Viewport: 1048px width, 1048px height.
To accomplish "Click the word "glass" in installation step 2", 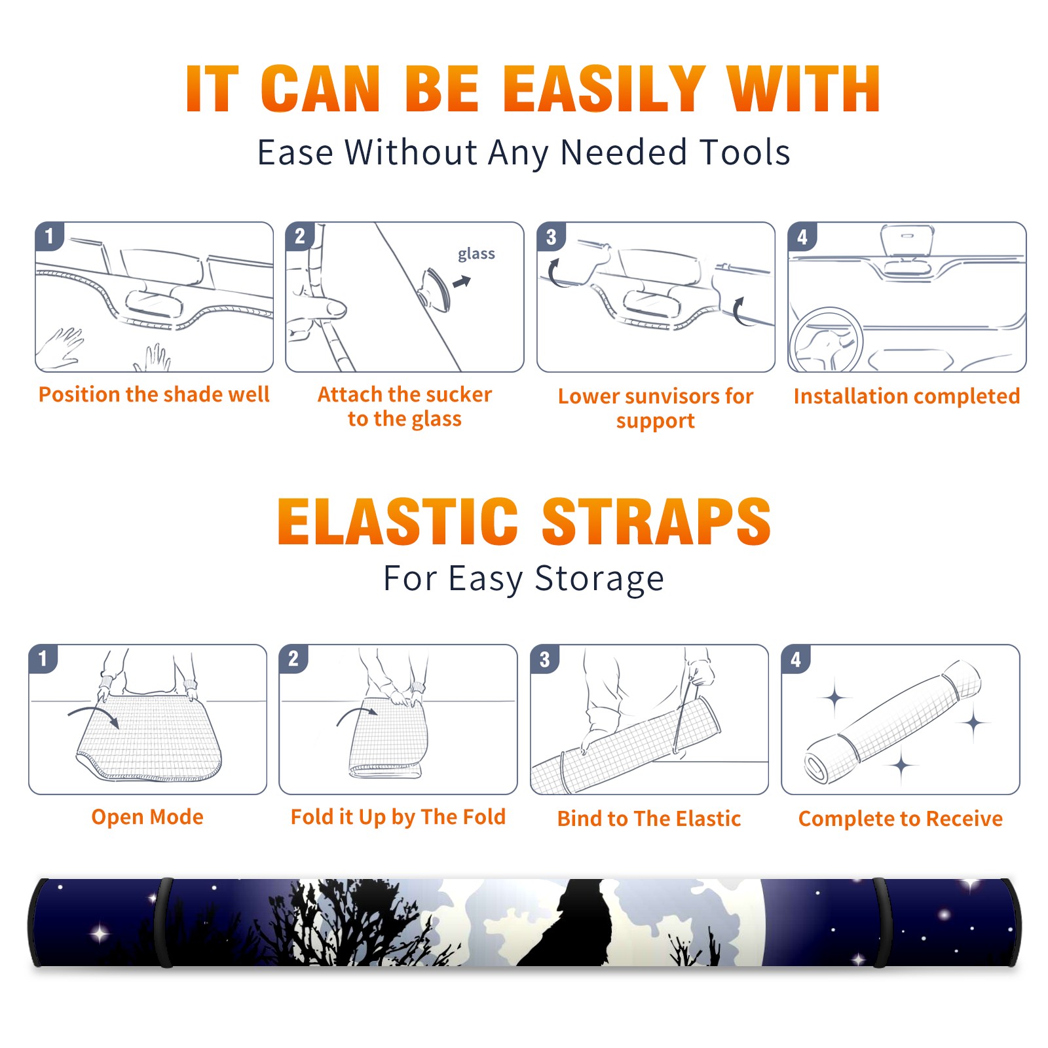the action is (476, 254).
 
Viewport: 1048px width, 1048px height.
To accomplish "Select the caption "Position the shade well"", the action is (154, 394).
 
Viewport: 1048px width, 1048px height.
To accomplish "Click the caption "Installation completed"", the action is (907, 396).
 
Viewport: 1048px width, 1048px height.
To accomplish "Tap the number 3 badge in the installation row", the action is (551, 236).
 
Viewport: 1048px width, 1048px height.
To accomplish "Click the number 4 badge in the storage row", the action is (796, 659).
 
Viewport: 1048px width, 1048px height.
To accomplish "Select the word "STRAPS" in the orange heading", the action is (656, 521).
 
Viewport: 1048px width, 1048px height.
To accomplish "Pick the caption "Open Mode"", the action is (147, 817).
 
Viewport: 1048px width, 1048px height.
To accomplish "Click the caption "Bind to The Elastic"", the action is (649, 819).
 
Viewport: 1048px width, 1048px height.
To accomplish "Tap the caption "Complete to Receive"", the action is (901, 819).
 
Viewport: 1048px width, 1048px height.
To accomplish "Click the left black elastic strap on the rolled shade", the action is (165, 923).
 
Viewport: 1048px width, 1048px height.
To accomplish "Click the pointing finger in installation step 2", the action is (318, 308).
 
